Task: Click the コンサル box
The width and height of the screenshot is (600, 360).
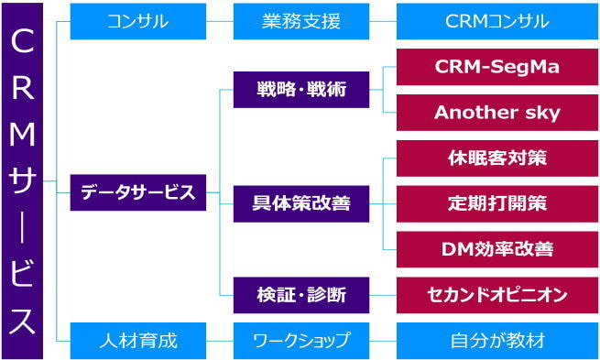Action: pyautogui.click(x=137, y=21)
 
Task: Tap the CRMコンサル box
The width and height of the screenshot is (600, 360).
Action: pyautogui.click(x=497, y=21)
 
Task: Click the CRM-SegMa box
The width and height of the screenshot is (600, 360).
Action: pyautogui.click(x=497, y=68)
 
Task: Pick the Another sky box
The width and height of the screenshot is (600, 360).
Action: pyautogui.click(x=497, y=113)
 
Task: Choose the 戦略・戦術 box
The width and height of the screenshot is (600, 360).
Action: pyautogui.click(x=301, y=90)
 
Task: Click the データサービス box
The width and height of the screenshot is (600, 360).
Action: pyautogui.click(x=137, y=192)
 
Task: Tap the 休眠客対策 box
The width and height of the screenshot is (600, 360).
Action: pyautogui.click(x=497, y=158)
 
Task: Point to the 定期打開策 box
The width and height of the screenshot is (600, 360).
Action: pyautogui.click(x=497, y=203)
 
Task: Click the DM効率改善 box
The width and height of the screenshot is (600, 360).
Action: pyautogui.click(x=497, y=248)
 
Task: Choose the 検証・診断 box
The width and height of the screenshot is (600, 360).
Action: pyautogui.click(x=301, y=295)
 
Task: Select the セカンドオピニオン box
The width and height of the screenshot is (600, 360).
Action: pyautogui.click(x=497, y=295)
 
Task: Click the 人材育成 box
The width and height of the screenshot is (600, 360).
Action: pyautogui.click(x=137, y=341)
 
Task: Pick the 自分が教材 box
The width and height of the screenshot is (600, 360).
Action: pyautogui.click(x=497, y=341)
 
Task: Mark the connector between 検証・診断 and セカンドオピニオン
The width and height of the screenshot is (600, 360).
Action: pyautogui.click(x=383, y=295)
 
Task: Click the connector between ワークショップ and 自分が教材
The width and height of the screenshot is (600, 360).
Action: pyautogui.click(x=383, y=341)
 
